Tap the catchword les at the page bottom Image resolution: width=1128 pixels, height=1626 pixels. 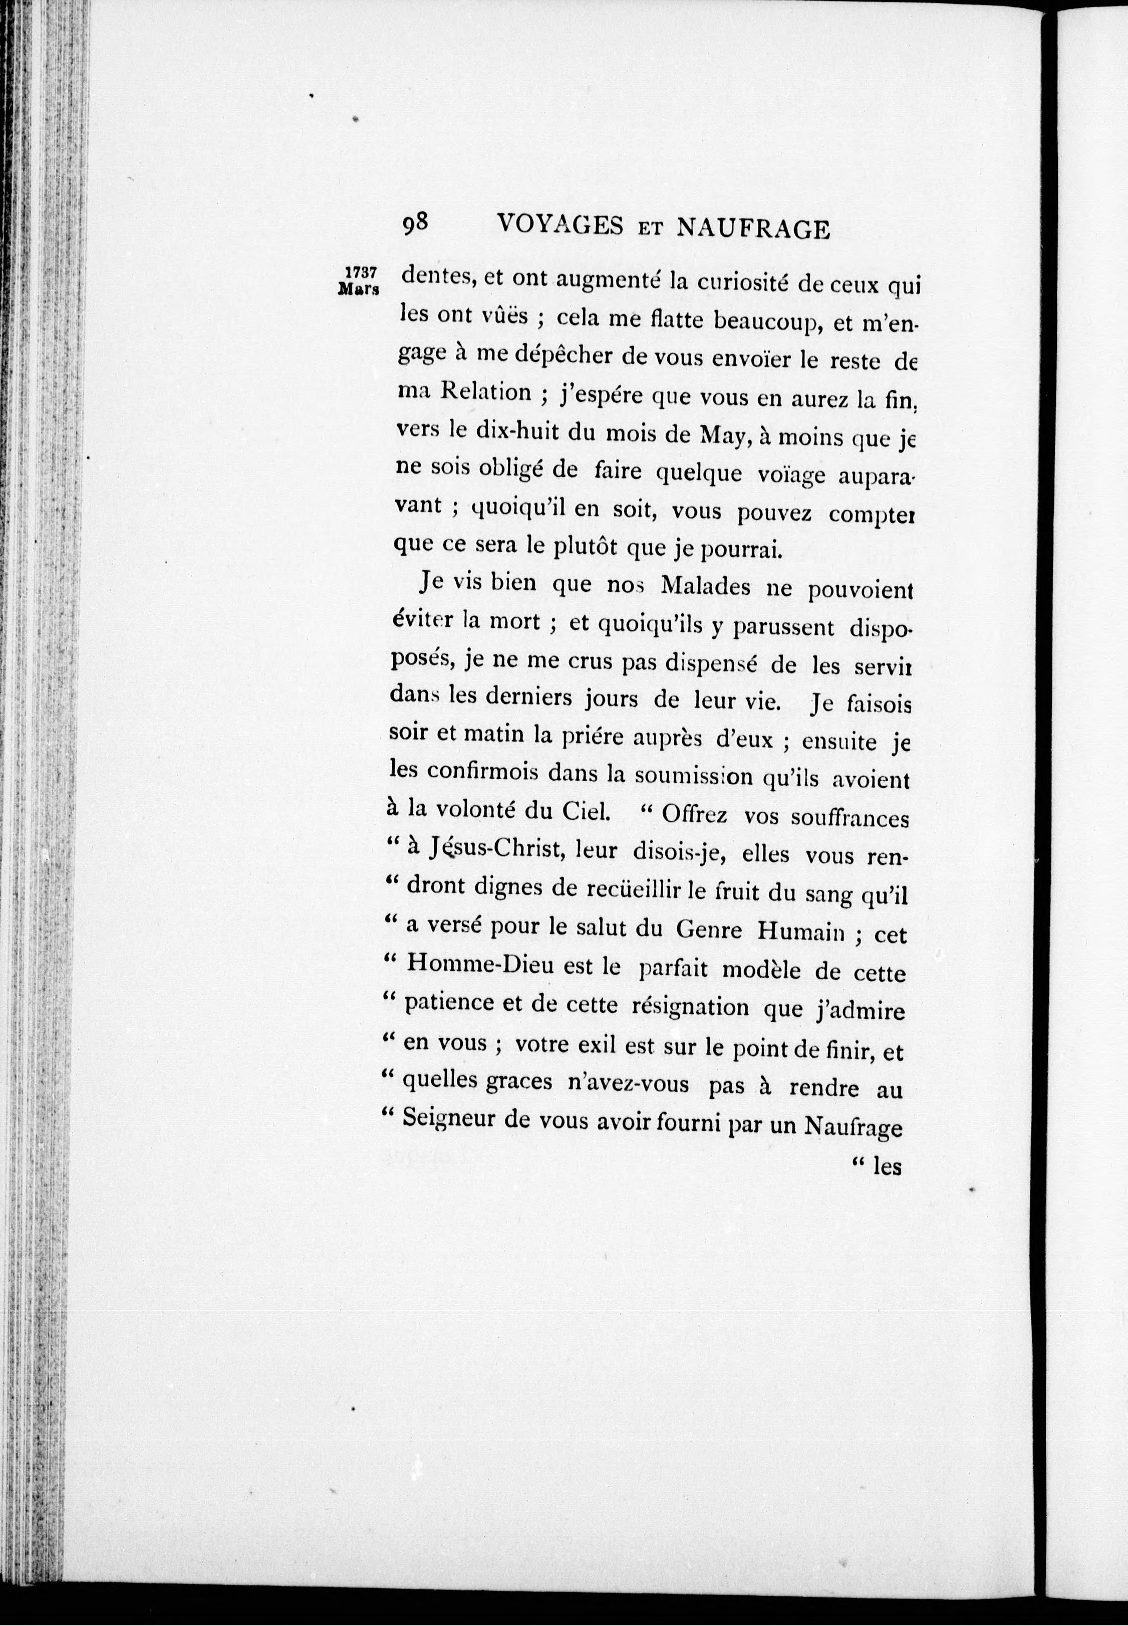pyautogui.click(x=887, y=1167)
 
